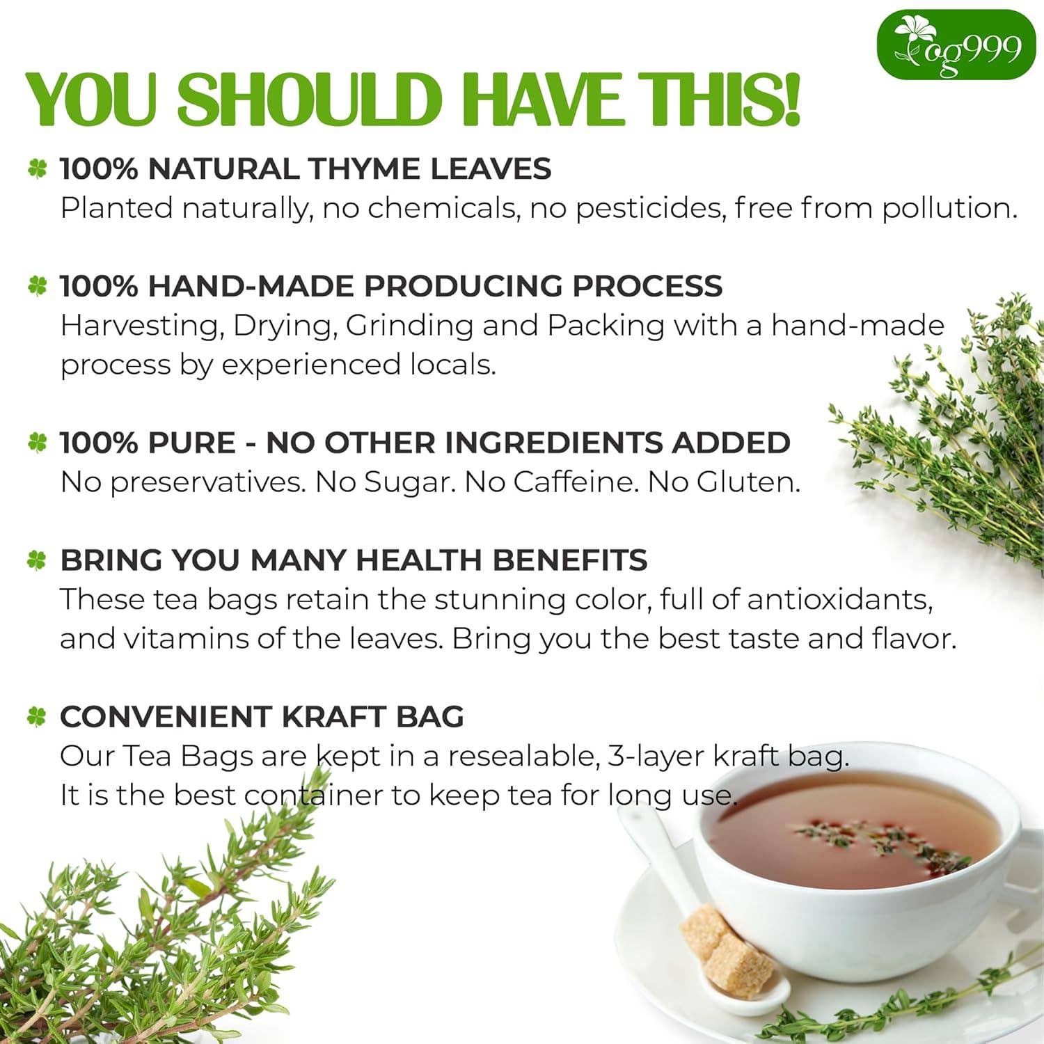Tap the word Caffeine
tap(576, 482)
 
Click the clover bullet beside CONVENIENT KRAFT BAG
tap(37, 717)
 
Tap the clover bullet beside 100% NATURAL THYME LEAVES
tap(37, 169)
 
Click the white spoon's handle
tap(654, 856)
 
